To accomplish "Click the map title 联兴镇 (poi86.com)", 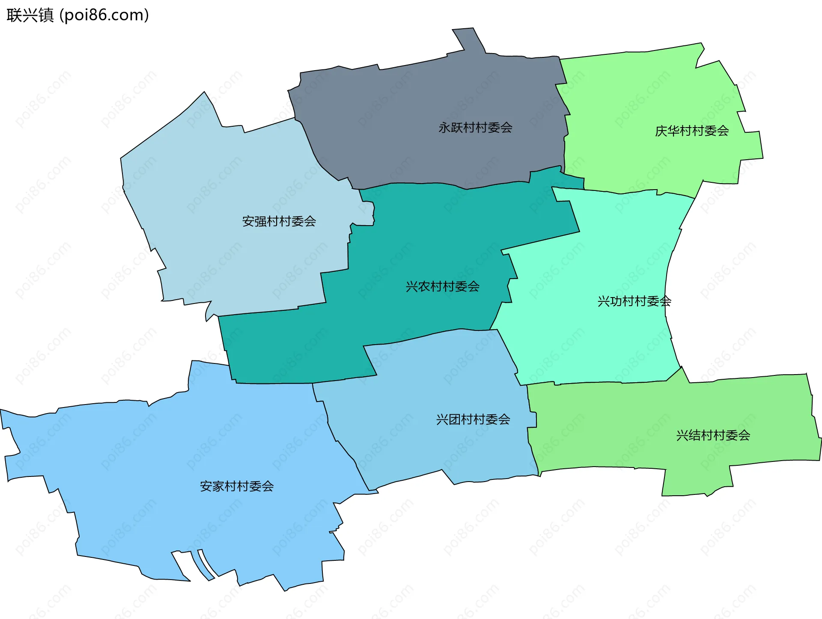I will point(77,15).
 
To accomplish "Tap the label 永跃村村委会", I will point(475,128).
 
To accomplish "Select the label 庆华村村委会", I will point(692,131).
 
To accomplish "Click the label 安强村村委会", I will point(279,221).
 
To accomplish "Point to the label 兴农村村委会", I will point(442,286).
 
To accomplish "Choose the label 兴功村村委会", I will point(634,301).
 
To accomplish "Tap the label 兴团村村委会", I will point(473,420).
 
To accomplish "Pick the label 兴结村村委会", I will point(713,435).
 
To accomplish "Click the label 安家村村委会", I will point(237,486).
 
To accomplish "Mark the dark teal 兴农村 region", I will point(407,240).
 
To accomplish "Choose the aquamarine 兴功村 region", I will point(599,342).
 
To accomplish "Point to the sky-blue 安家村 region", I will point(171,449).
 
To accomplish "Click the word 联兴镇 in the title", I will point(30,15).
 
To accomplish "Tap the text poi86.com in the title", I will point(104,15).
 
